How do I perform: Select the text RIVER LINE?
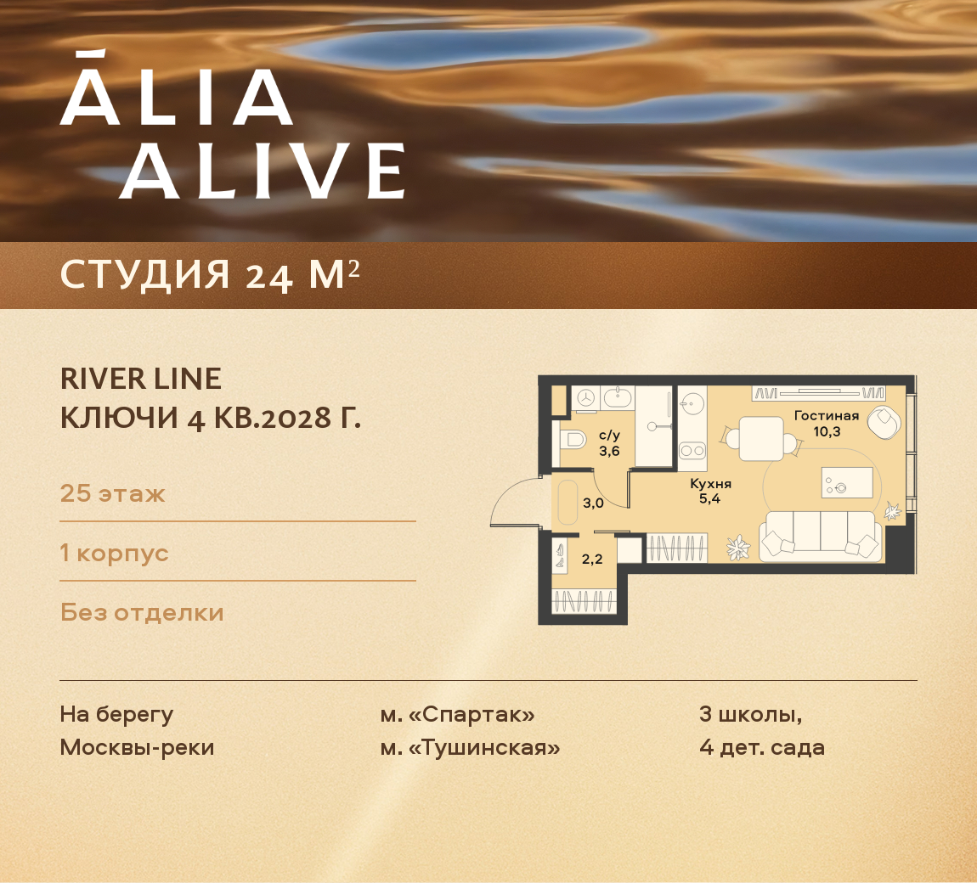pos(140,379)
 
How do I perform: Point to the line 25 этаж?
pos(112,493)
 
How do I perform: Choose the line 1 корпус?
pos(114,553)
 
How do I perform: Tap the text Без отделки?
pos(142,612)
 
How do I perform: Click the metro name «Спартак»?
pos(471,715)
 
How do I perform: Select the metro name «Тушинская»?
pos(483,748)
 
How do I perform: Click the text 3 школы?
pos(750,715)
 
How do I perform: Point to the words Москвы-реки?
pos(137,748)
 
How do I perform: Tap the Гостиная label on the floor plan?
pos(826,416)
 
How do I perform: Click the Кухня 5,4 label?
pos(710,491)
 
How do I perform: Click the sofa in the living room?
pos(820,537)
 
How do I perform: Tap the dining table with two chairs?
pos(760,438)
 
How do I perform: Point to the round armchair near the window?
pos(886,421)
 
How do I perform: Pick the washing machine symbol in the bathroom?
pos(585,397)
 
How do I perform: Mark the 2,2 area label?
pos(592,559)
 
